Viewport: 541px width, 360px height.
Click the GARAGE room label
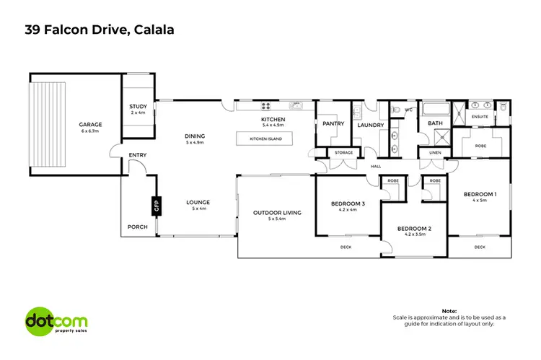pos(90,124)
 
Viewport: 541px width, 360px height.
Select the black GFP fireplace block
pos(154,206)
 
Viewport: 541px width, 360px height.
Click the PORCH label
pos(137,227)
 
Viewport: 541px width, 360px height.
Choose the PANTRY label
pos(333,123)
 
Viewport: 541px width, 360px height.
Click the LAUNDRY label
pos(371,123)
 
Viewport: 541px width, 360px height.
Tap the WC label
pos(408,110)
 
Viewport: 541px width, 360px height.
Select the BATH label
pos(435,123)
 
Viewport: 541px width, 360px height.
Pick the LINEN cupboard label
pos(434,153)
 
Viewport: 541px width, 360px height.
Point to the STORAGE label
pos(343,152)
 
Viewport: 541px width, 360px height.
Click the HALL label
pos(375,167)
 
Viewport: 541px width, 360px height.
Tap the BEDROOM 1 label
pos(479,195)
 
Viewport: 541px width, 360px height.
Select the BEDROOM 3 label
pos(348,204)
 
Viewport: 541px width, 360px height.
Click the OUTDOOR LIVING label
pos(276,212)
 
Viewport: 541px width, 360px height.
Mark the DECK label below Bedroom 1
pos(480,247)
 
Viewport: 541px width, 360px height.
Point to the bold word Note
pos(449,310)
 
